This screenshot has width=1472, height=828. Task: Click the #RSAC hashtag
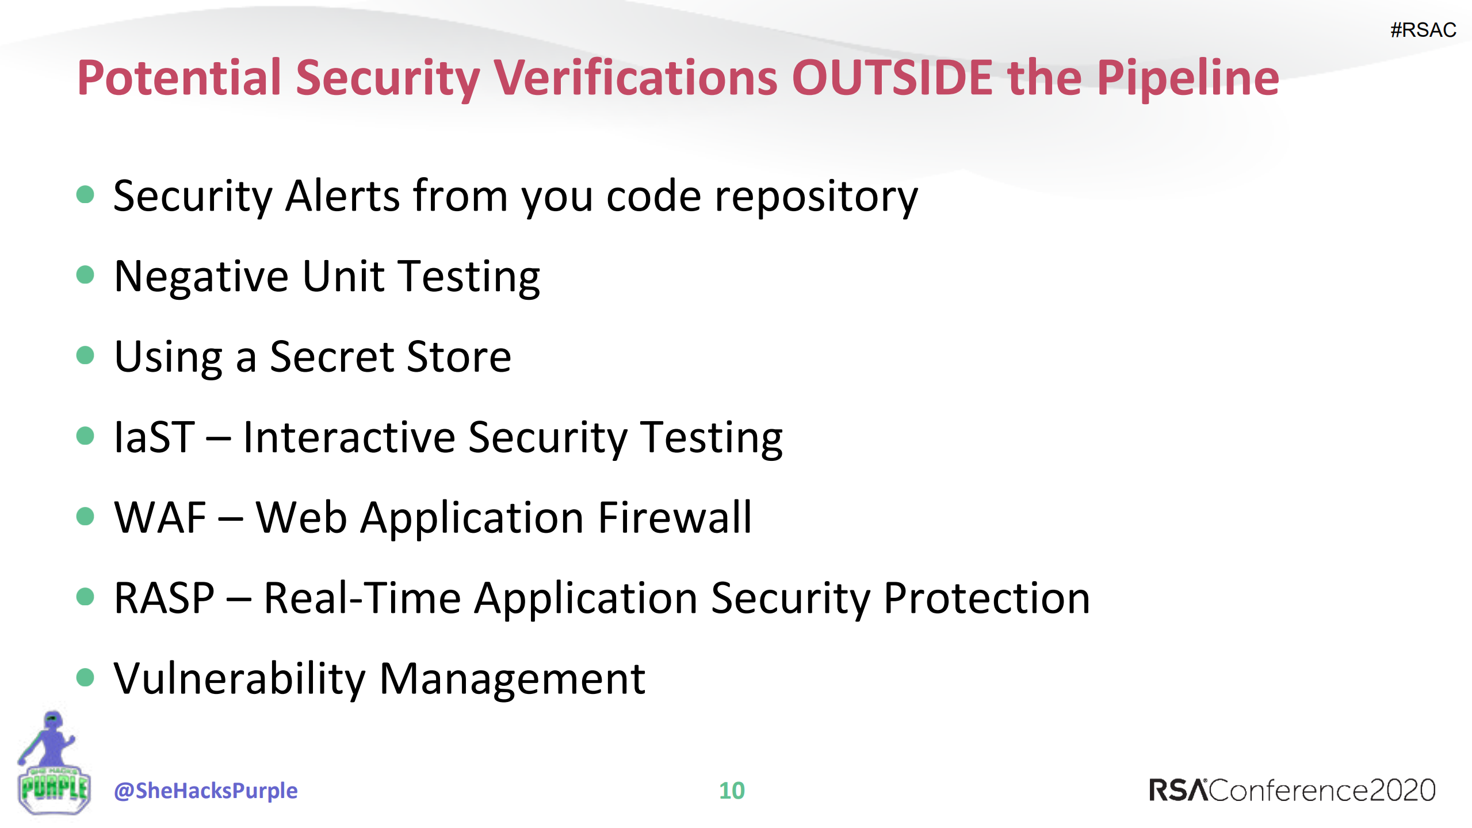(x=1423, y=30)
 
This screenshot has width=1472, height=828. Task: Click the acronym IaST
(x=154, y=437)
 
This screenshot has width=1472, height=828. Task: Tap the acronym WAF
(x=160, y=518)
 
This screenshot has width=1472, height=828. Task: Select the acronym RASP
(x=164, y=598)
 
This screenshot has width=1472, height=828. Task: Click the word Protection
(x=986, y=598)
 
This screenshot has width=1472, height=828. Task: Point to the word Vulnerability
(x=239, y=679)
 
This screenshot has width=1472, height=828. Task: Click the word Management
(x=512, y=679)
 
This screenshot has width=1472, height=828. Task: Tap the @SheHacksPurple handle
(x=205, y=791)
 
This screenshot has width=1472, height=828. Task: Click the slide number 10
(x=732, y=791)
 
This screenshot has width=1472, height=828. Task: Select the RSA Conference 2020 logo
(x=1291, y=791)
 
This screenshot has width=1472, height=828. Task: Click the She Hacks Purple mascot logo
(x=53, y=764)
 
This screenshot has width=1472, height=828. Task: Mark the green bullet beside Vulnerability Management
(x=85, y=677)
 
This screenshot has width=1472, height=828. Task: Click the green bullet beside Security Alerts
(x=85, y=194)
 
